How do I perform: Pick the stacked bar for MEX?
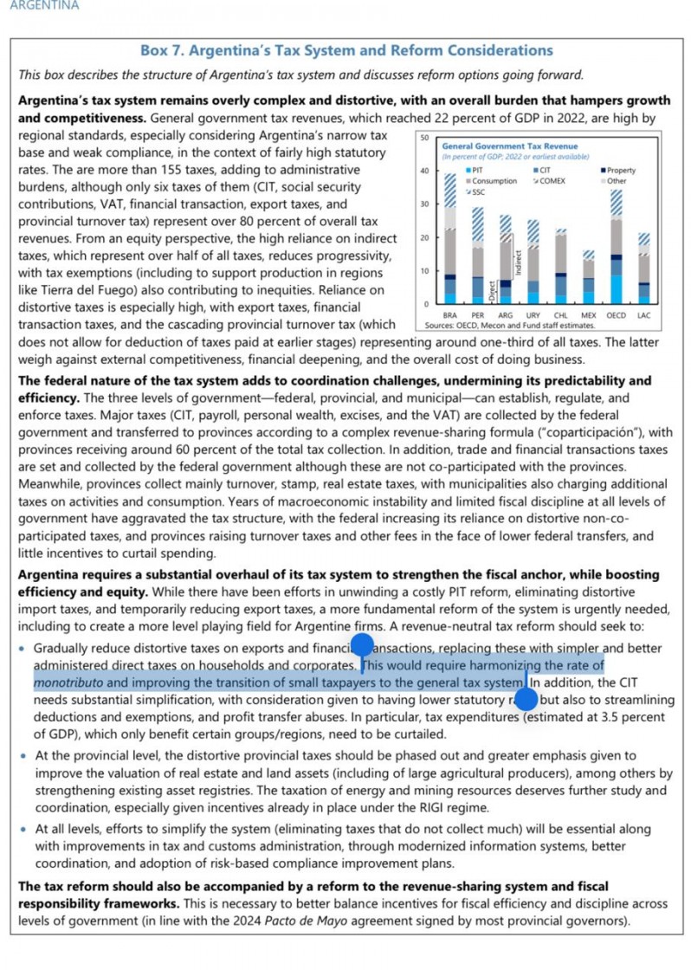pyautogui.click(x=589, y=277)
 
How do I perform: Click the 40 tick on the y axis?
pyautogui.click(x=424, y=171)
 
